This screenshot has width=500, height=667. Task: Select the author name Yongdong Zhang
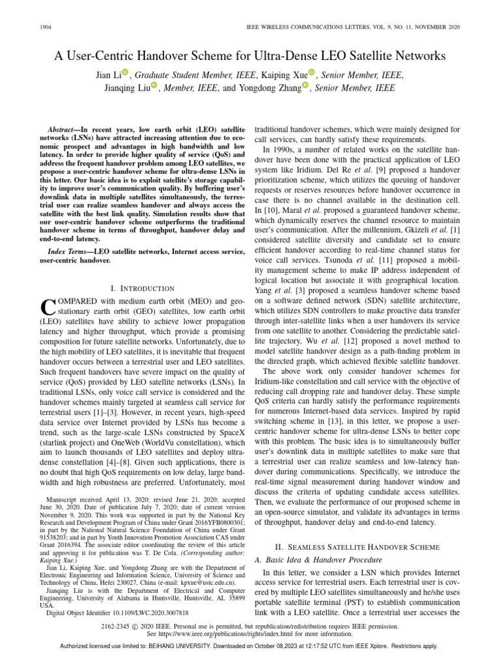pyautogui.click(x=274, y=87)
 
